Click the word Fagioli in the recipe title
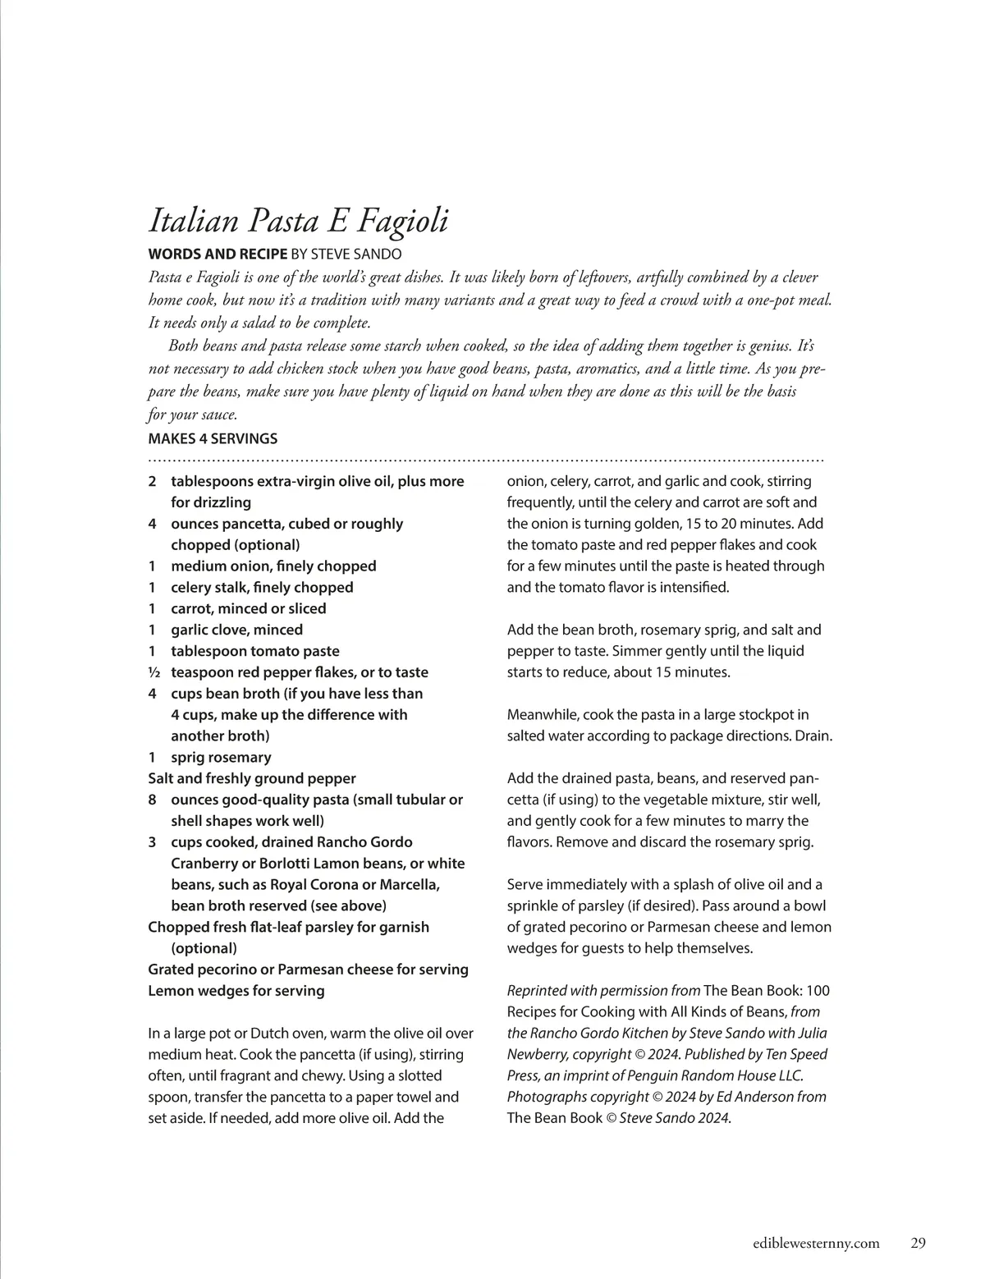coord(401,221)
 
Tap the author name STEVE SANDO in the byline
coord(356,254)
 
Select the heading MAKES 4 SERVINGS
coord(213,438)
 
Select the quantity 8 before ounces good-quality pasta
coord(152,800)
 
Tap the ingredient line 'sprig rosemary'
coord(220,757)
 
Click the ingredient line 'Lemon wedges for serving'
coord(236,991)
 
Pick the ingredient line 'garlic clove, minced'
coord(236,630)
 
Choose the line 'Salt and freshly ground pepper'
coord(252,778)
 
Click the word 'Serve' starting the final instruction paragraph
coord(525,884)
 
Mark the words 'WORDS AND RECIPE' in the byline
coord(218,254)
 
